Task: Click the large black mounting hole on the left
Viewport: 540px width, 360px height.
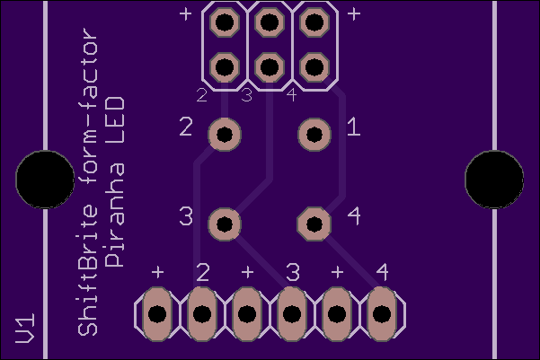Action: tap(45, 179)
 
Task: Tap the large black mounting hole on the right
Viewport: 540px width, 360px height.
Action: tap(494, 179)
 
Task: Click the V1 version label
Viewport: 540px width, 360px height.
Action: tap(25, 328)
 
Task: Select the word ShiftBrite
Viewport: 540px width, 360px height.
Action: tap(88, 270)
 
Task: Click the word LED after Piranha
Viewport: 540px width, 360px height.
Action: tap(114, 120)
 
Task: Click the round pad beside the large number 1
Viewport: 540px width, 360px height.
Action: tap(314, 135)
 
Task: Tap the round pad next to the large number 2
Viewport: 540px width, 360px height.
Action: tap(225, 135)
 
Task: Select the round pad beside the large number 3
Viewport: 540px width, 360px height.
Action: tap(225, 224)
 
